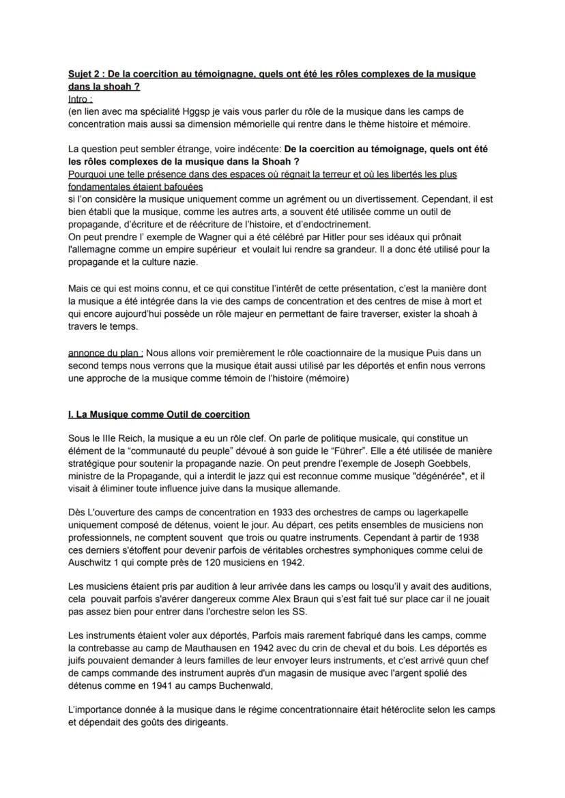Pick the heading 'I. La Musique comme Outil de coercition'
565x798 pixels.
click(159, 414)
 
